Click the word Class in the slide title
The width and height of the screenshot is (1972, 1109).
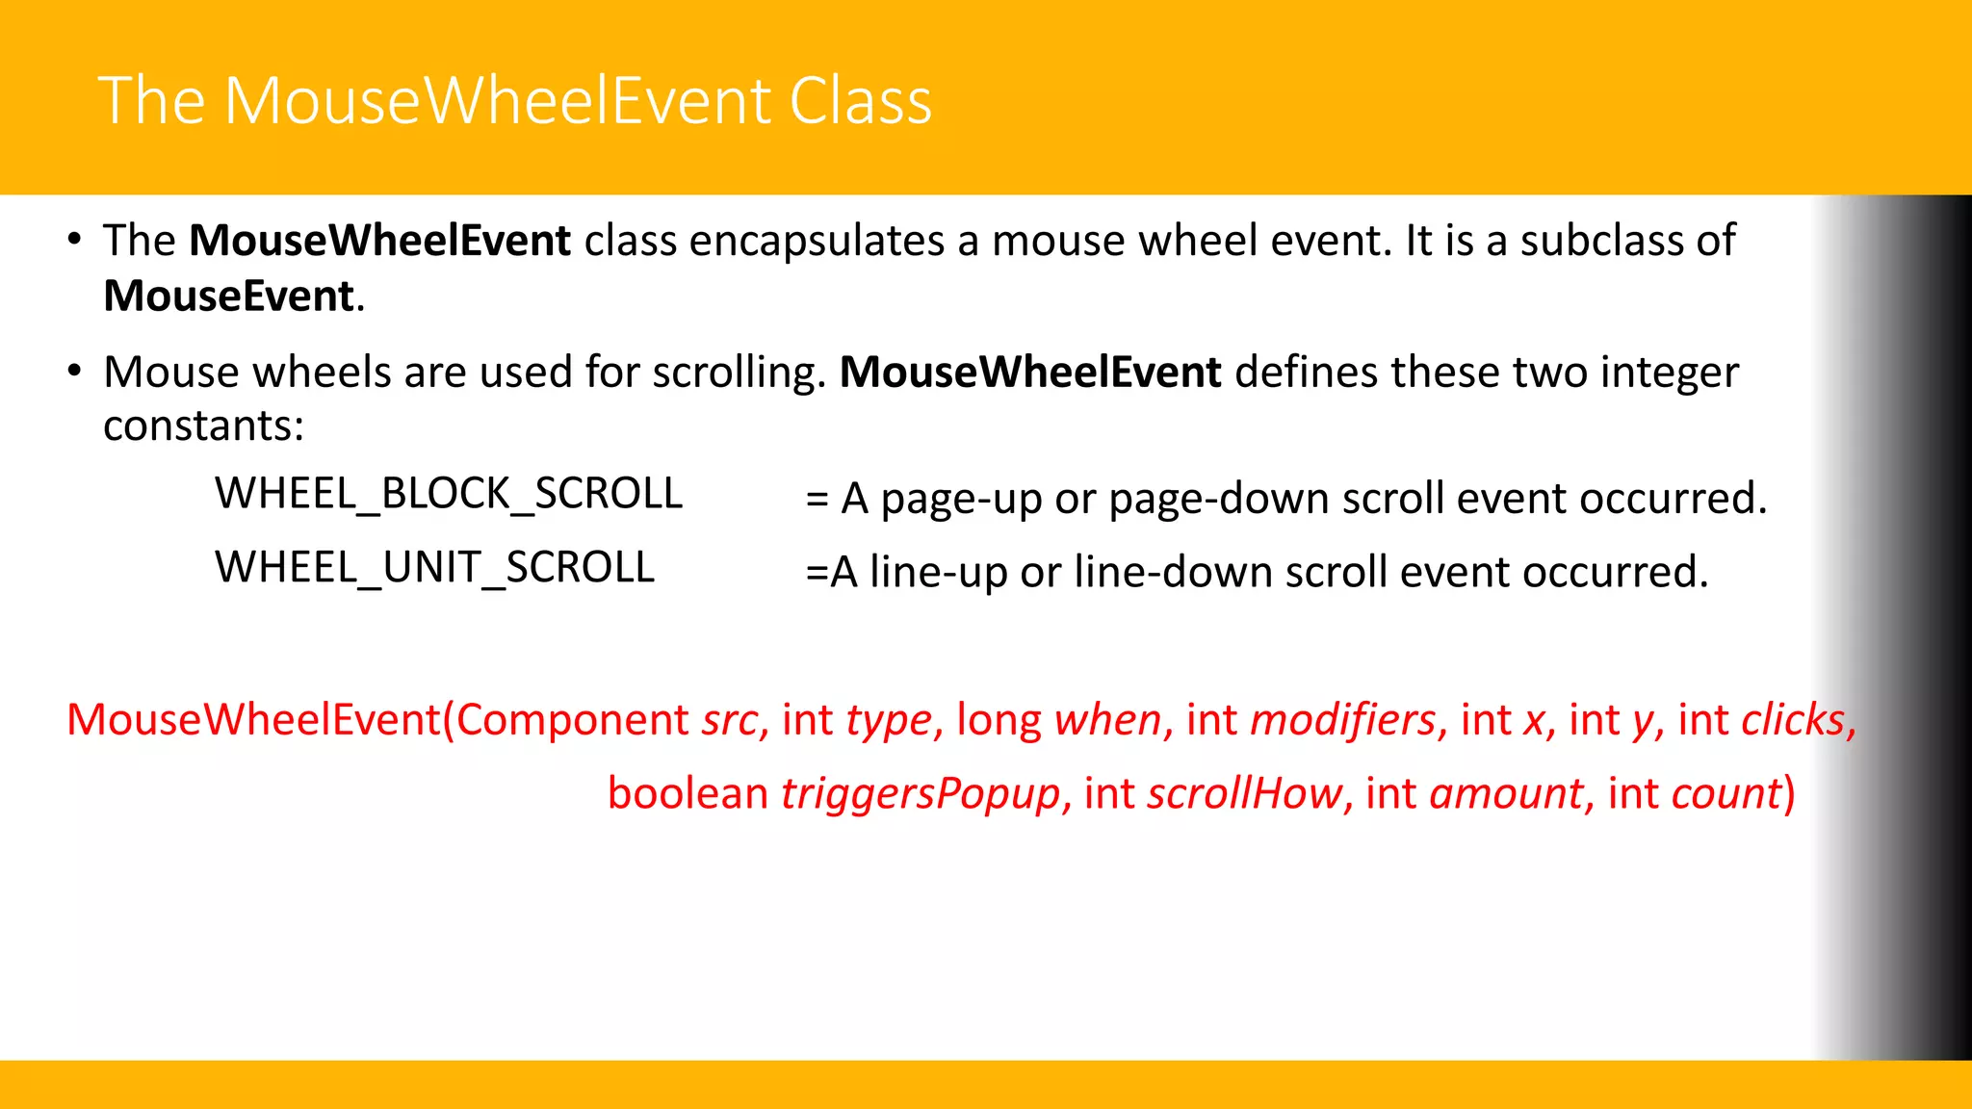click(x=860, y=101)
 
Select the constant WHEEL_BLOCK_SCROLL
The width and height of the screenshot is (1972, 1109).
click(x=449, y=494)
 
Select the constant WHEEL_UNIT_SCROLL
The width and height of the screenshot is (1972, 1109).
click(x=434, y=567)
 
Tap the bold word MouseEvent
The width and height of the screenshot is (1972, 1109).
click(x=229, y=296)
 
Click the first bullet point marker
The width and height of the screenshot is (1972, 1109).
click(x=74, y=240)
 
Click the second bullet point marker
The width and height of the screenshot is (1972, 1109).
click(x=74, y=372)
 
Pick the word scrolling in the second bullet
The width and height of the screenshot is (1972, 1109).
click(x=738, y=373)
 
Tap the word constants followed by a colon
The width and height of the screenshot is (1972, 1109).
click(x=203, y=426)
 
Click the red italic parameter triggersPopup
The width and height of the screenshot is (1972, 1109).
click(x=921, y=794)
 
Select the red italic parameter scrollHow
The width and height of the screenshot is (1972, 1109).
click(x=1244, y=794)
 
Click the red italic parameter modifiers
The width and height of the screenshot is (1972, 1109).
click(x=1343, y=720)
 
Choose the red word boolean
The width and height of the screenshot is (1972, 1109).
click(x=688, y=794)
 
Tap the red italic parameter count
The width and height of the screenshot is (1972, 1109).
click(x=1727, y=794)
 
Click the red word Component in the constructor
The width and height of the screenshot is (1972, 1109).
click(x=572, y=720)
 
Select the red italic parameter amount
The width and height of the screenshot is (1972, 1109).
click(x=1506, y=794)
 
